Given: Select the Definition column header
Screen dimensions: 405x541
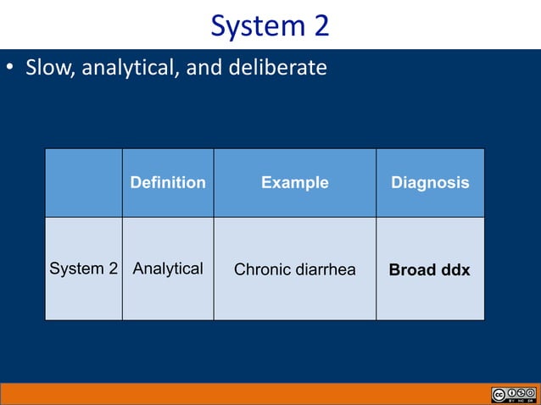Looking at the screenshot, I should (x=168, y=183).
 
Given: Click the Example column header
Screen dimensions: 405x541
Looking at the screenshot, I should (x=294, y=183).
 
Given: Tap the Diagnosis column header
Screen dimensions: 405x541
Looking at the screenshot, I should (x=430, y=183).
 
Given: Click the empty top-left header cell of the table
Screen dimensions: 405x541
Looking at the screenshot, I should (x=83, y=183).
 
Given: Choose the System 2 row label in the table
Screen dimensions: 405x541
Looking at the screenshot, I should (x=83, y=269).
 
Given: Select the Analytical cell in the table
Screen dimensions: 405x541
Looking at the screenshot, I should (x=168, y=269).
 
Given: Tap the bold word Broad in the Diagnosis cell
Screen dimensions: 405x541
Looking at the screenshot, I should (x=413, y=270).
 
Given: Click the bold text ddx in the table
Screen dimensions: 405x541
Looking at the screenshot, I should (x=455, y=270).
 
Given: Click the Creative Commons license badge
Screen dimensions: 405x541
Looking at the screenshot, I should (x=513, y=395).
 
